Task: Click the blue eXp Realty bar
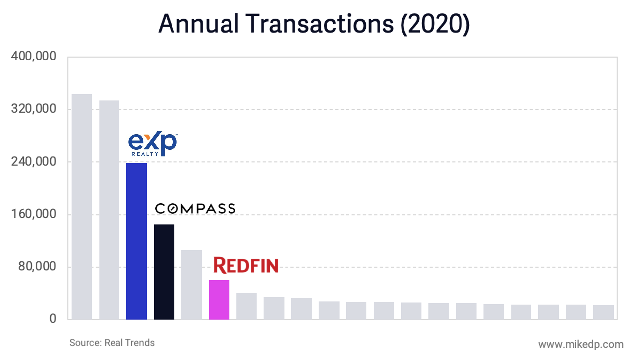[136, 241]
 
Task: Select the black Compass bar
[164, 272]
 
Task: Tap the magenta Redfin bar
[219, 300]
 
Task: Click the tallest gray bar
[82, 206]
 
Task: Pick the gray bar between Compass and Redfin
[192, 285]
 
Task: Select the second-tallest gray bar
[109, 210]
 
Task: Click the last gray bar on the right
[603, 312]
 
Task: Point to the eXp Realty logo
[153, 144]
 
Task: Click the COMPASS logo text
[195, 209]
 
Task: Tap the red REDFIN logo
[245, 265]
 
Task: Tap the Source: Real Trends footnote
[112, 343]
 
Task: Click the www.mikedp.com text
[580, 344]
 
